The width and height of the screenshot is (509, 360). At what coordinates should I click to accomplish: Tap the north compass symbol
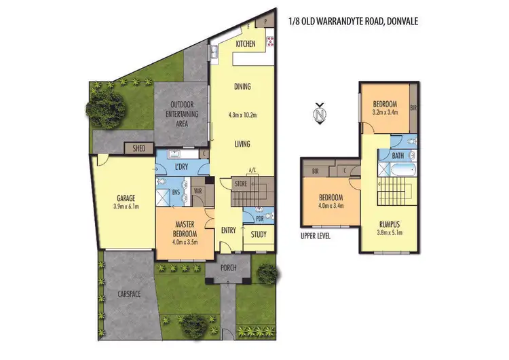(x=320, y=113)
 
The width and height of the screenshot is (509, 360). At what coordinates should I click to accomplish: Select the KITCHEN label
(x=245, y=44)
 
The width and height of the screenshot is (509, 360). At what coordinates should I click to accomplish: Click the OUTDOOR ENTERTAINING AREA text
(x=183, y=114)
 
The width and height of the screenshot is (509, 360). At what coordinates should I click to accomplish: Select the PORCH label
(x=229, y=268)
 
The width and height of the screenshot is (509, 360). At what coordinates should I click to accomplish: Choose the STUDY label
(x=258, y=235)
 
